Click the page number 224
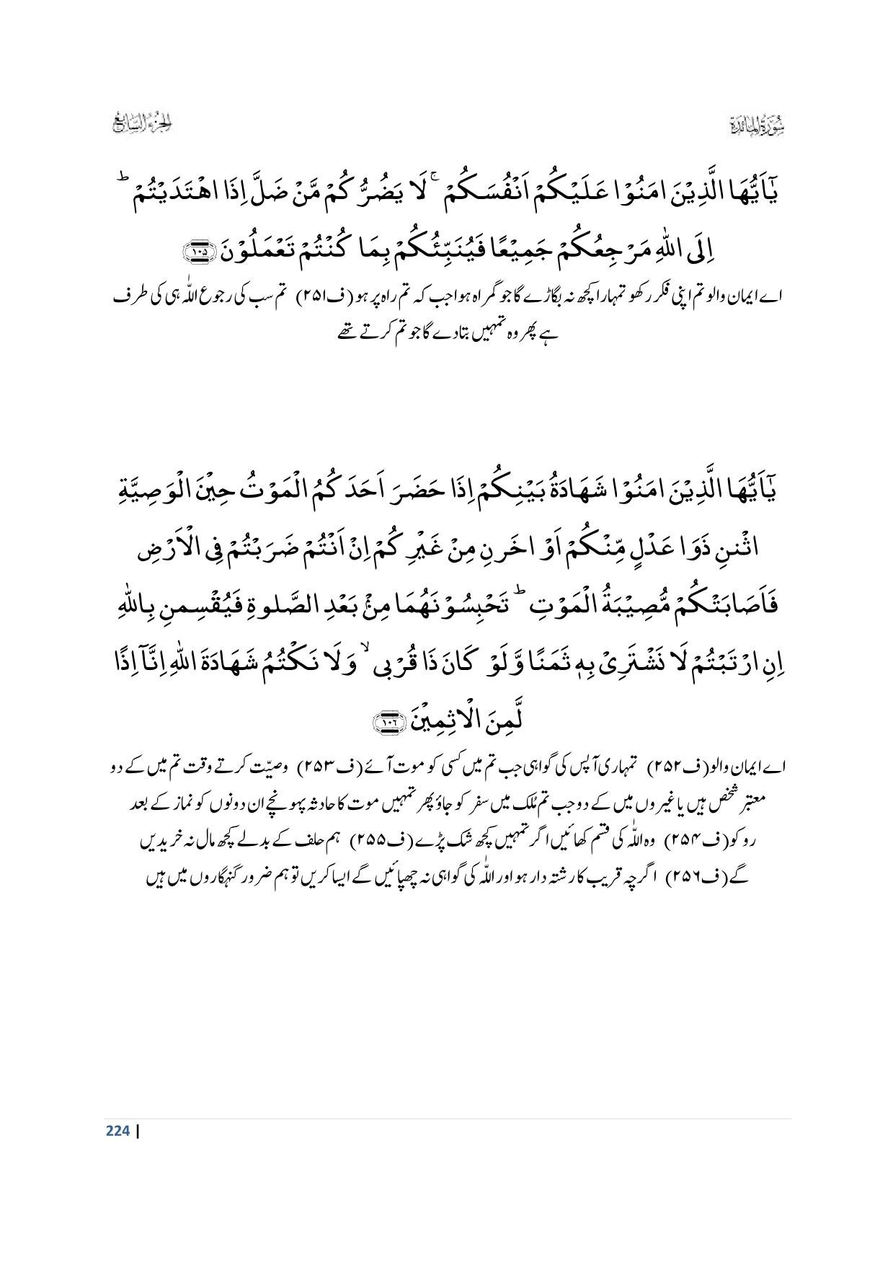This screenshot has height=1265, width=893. pos(117,1131)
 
